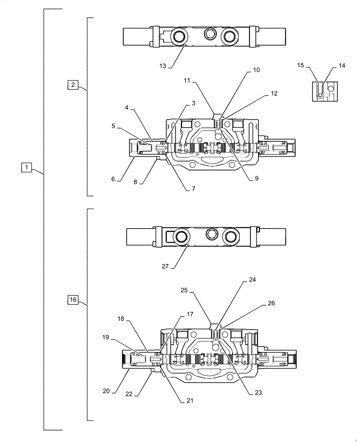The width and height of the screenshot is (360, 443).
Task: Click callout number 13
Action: point(163,66)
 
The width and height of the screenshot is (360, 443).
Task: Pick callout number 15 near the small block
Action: point(301,65)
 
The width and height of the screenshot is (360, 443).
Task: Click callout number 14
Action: point(341,65)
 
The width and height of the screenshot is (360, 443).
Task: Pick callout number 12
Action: point(274,93)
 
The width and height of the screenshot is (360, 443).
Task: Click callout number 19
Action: point(106,337)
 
